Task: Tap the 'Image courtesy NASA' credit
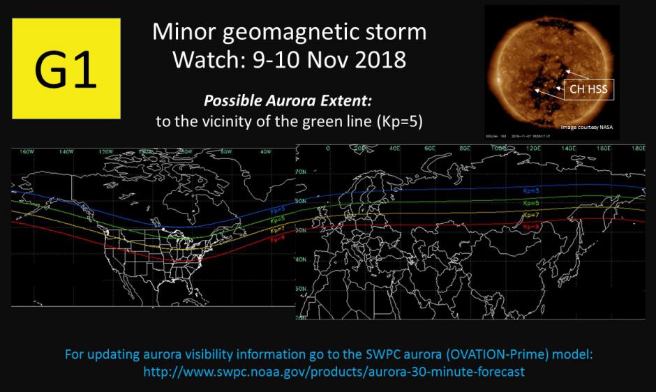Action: click(591, 127)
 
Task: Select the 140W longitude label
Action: click(66, 151)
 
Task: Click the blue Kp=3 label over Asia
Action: click(532, 190)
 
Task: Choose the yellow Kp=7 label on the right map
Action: click(532, 214)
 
